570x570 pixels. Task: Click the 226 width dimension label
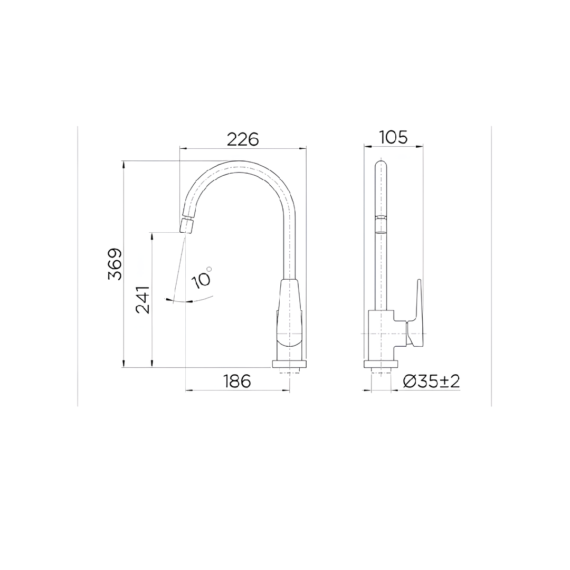[243, 139]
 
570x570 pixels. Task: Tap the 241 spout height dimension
[143, 299]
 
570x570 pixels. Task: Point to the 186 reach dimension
[237, 381]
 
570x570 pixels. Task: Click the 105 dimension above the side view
[393, 137]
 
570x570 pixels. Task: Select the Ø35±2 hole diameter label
[431, 381]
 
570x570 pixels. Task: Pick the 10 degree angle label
[202, 278]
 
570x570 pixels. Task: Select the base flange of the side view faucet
[381, 364]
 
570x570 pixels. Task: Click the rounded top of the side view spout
[381, 165]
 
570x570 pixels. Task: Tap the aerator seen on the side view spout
[381, 224]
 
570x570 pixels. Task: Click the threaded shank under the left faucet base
[289, 372]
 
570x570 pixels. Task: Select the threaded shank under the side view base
[381, 372]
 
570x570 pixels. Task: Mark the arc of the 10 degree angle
[193, 301]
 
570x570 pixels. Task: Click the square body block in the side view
[381, 335]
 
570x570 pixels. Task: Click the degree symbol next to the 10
[210, 269]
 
